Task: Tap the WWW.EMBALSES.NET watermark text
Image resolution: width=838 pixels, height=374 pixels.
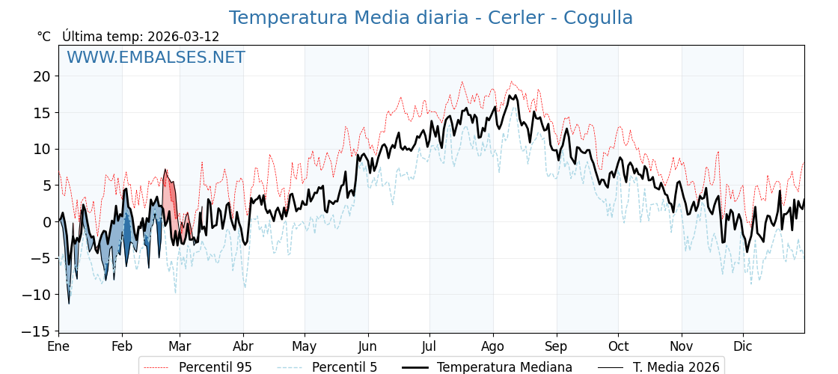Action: pos(156,58)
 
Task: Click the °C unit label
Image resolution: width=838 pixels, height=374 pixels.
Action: pos(44,37)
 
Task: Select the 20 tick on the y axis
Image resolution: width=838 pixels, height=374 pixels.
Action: pos(41,76)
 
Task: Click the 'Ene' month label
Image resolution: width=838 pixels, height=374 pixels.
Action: pos(58,346)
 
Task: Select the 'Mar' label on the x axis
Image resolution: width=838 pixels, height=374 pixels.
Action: pos(180,346)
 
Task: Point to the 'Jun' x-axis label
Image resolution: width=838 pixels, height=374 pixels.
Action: pos(368,346)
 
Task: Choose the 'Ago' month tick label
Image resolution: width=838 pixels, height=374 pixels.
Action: pos(493,346)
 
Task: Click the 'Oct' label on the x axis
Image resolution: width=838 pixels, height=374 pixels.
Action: pos(618,346)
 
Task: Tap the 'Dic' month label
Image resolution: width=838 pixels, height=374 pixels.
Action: pos(743,346)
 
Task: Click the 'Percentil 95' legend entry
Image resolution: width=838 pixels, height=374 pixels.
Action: pos(215,367)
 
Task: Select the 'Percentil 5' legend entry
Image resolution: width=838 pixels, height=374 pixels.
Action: pos(344,367)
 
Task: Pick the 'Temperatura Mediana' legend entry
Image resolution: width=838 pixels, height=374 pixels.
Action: pos(504,367)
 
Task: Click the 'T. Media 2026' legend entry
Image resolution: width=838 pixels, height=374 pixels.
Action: pos(676,367)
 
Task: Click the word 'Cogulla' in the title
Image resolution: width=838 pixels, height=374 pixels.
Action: pos(598,18)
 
